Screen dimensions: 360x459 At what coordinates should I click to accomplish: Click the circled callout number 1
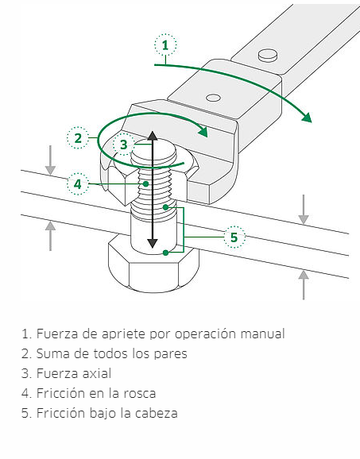[x=165, y=44]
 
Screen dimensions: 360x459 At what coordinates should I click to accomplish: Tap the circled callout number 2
[x=78, y=138]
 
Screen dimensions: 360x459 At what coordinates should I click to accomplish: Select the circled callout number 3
[x=124, y=144]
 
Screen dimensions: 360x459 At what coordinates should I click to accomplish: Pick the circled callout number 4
[x=78, y=183]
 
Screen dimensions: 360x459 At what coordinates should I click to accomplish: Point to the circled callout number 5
[x=234, y=237]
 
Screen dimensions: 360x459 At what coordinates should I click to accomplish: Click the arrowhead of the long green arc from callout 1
[x=307, y=118]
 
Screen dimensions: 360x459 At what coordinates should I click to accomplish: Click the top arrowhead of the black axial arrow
[x=152, y=136]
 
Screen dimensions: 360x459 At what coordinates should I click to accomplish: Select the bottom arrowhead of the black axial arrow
[x=153, y=243]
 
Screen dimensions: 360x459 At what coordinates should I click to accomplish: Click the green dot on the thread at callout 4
[x=145, y=183]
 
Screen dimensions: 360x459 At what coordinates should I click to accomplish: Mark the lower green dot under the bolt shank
[x=166, y=253]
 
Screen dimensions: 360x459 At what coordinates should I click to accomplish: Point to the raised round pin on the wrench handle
[x=268, y=56]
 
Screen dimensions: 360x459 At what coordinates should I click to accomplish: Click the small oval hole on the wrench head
[x=213, y=98]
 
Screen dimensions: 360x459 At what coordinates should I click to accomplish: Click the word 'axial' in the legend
[x=97, y=373]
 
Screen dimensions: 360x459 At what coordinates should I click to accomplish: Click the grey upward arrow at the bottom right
[x=304, y=285]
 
